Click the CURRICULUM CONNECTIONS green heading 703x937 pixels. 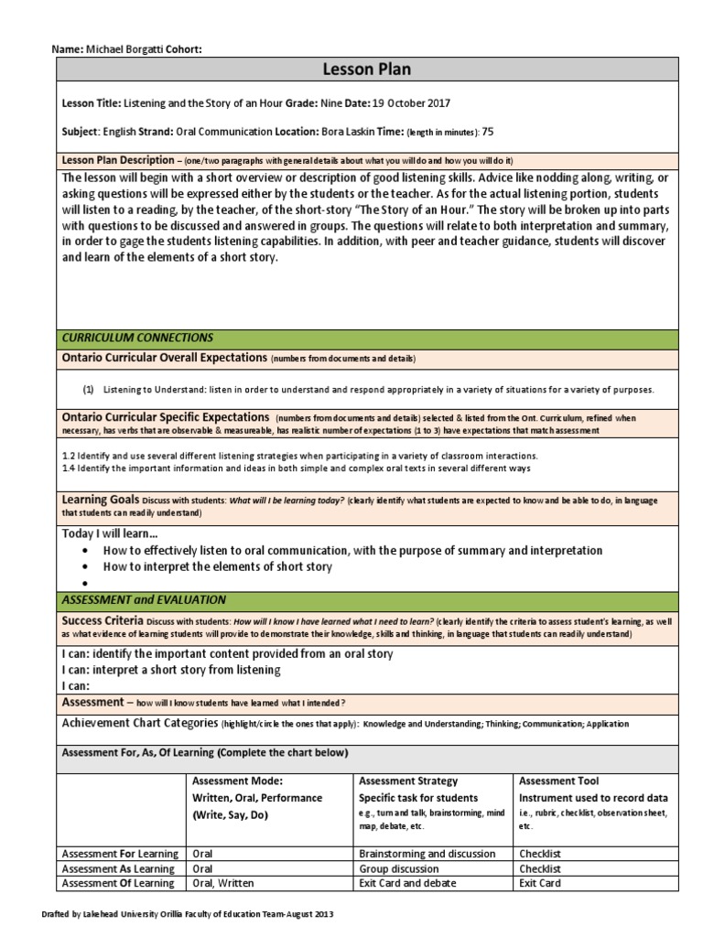coord(137,338)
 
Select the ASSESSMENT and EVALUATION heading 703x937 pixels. coord(144,600)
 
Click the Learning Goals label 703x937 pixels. coord(100,500)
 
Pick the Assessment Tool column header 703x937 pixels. coord(558,781)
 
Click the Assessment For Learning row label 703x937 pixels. coord(117,853)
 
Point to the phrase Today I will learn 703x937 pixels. coord(109,534)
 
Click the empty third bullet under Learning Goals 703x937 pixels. coord(84,583)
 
